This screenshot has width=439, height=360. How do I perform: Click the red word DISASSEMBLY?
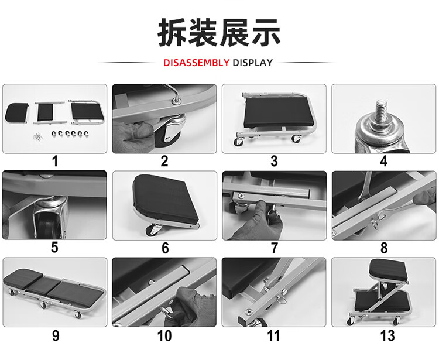[196, 63]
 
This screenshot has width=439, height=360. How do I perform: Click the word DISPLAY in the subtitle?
[252, 63]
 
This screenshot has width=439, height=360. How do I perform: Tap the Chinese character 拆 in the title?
[173, 33]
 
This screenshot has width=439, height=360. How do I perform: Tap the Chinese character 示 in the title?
[266, 33]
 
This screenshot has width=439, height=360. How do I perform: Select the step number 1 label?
[55, 162]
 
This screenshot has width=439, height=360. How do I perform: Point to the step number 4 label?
[383, 162]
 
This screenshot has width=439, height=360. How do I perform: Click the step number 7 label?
[275, 248]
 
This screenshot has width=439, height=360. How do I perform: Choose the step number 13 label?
[387, 335]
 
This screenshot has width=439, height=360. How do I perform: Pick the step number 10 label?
[164, 335]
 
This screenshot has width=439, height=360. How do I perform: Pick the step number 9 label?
[56, 335]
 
